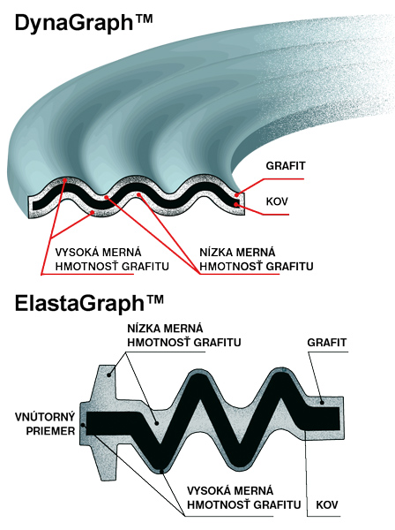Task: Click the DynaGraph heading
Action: click(x=84, y=23)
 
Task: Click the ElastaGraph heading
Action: click(x=89, y=303)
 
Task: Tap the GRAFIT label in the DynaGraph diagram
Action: click(x=286, y=166)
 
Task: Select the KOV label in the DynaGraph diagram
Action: click(x=277, y=201)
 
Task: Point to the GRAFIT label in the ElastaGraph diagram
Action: click(x=326, y=343)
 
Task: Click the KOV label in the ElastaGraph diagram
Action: click(x=327, y=504)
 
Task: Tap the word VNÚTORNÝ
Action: click(x=45, y=417)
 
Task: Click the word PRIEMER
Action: click(x=50, y=431)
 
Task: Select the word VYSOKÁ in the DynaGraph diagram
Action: click(x=76, y=252)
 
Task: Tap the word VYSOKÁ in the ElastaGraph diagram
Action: click(x=208, y=490)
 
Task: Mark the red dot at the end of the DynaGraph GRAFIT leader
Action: click(x=237, y=194)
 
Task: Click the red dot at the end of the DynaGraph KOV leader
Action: click(x=236, y=204)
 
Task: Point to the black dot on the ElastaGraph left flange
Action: click(x=109, y=375)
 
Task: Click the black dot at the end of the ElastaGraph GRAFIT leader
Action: click(x=322, y=402)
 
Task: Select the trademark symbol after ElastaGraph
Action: click(x=154, y=299)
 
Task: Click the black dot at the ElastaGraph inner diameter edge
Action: click(x=83, y=426)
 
